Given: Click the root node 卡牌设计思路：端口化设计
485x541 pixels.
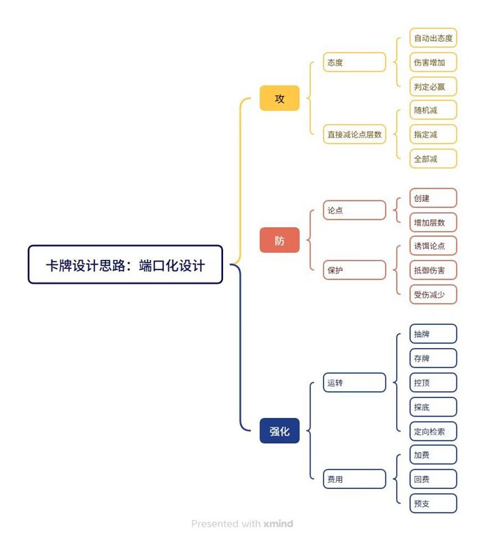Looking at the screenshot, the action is point(125,265).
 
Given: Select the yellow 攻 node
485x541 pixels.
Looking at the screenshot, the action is point(279,98).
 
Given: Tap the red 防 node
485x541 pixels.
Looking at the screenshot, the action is point(279,240).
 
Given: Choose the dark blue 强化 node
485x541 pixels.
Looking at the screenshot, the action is point(279,431).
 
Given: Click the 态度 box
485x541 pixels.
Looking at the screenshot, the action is point(354,62).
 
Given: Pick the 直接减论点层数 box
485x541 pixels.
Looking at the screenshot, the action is point(354,134).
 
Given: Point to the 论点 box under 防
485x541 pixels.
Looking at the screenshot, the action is point(354,210).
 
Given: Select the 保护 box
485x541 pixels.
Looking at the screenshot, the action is point(354,269).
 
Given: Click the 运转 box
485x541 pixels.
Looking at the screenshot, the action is point(354,382).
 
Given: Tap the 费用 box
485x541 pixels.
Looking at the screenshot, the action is point(354,479).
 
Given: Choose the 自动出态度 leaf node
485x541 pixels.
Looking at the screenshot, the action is point(433,38).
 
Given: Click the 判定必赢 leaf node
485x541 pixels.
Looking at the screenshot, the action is point(433,87).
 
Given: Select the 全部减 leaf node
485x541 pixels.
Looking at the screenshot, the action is point(433,159).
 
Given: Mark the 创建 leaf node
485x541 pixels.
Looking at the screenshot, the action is point(433,198).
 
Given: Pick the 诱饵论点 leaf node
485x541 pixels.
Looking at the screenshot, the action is point(433,246).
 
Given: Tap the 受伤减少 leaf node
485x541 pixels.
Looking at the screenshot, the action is point(433,294).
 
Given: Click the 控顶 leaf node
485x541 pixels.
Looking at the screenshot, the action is point(433,382).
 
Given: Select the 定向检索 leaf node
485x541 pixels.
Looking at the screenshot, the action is point(433,432).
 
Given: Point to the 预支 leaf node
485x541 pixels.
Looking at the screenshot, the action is point(433,503).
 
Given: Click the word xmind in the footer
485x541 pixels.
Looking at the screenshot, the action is point(278,524).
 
